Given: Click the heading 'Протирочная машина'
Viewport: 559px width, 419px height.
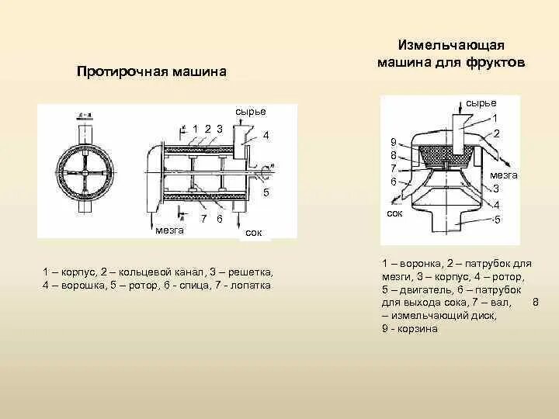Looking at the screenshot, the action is [x=151, y=71].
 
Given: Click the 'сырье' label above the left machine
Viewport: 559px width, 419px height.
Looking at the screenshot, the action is [x=251, y=112].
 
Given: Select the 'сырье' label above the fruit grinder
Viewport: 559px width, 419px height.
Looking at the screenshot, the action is [x=481, y=102].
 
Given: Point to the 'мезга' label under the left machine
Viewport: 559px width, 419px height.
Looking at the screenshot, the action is [x=169, y=230].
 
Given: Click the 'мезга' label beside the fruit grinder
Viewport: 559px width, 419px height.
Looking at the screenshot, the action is [x=504, y=175].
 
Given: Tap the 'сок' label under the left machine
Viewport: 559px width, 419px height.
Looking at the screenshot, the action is [x=253, y=232].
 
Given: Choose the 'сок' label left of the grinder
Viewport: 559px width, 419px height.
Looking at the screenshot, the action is [x=394, y=213].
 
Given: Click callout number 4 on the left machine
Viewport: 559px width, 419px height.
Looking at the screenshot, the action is [x=266, y=135].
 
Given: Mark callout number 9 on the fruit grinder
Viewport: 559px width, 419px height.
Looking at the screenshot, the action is [x=394, y=142].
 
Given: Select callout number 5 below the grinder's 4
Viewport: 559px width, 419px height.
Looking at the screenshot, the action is [x=496, y=220].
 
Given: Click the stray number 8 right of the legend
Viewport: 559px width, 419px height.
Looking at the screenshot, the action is [x=536, y=303].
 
